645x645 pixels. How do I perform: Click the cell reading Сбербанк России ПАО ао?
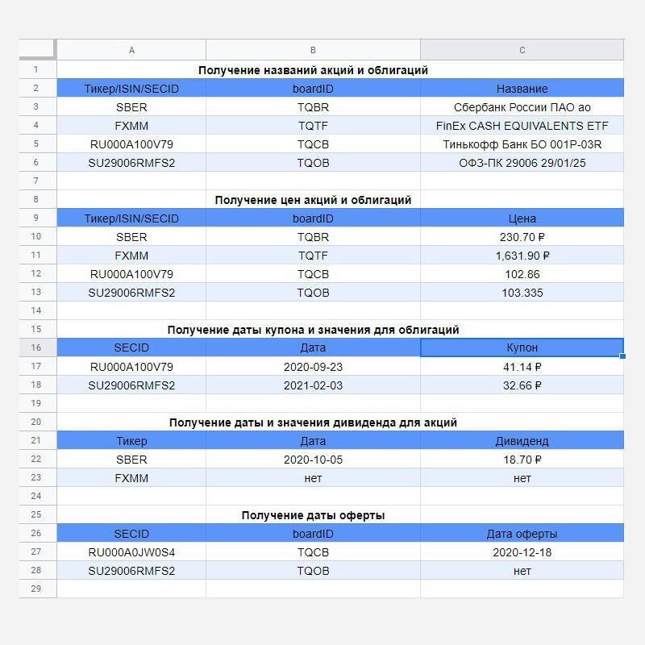coord(522,107)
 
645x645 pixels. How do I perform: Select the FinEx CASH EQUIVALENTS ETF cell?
coord(522,126)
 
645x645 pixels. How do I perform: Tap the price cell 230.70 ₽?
coord(522,237)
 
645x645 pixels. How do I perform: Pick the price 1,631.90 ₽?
coord(522,256)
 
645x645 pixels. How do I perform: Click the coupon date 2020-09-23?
coord(313,367)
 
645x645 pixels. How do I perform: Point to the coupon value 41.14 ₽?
coord(522,367)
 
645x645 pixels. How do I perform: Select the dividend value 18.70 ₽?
coord(522,460)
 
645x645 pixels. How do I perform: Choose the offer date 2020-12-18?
coord(522,552)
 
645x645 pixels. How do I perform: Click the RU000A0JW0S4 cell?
coord(131,552)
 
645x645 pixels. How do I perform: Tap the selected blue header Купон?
coord(522,347)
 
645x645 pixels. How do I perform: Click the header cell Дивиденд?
coord(522,441)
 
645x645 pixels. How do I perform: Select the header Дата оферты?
coord(522,534)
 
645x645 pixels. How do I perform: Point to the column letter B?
coord(313,50)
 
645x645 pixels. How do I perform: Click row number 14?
coord(35,310)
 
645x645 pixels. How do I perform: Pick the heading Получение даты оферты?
coord(313,515)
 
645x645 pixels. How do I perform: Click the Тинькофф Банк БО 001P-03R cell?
coord(522,144)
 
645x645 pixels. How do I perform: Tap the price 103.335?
coord(522,293)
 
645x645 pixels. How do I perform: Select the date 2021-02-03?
coord(313,385)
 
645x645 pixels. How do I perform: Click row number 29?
coord(35,589)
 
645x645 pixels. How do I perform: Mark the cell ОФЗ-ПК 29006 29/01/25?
coord(522,163)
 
